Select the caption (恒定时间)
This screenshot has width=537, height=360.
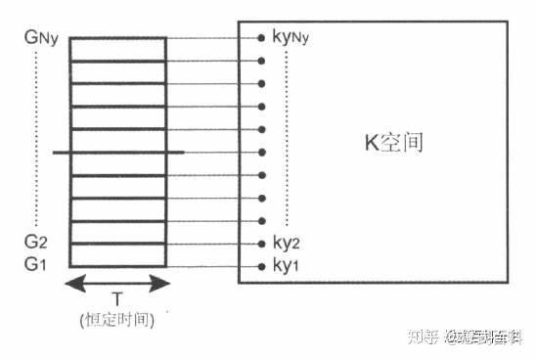click(117, 320)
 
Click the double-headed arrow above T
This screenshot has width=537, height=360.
click(117, 283)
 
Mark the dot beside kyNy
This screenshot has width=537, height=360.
click(261, 38)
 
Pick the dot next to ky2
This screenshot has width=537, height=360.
click(261, 244)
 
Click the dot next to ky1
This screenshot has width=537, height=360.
click(261, 266)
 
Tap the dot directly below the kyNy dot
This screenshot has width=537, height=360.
click(261, 61)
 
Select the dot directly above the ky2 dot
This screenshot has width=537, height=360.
click(261, 221)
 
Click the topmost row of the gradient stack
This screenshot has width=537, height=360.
click(117, 49)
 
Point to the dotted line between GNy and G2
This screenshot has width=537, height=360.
click(37, 137)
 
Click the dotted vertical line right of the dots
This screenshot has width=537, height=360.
click(286, 137)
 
